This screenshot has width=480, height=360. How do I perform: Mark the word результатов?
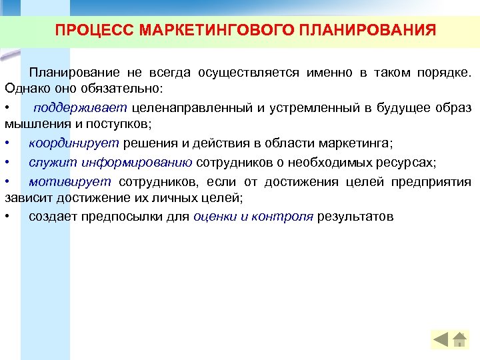[355, 216]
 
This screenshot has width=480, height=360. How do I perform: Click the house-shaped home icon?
[459, 339]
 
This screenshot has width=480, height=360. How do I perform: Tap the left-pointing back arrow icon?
[441, 339]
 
